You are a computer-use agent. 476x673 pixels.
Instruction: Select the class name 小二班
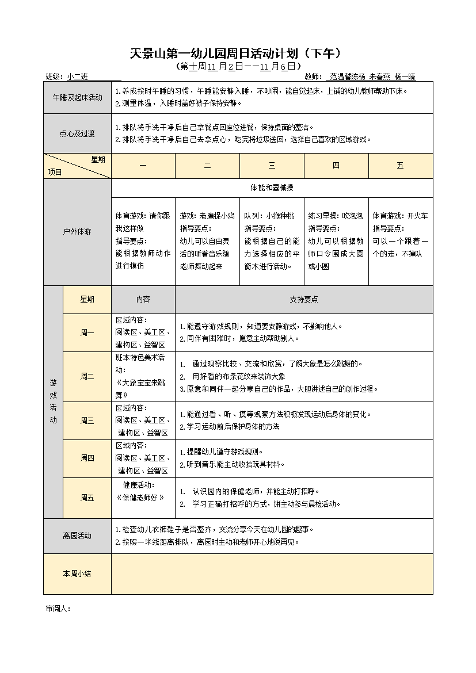coord(77,77)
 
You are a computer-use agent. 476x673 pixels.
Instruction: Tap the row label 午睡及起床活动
coord(77,97)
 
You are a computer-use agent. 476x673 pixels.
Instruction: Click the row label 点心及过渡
coord(77,133)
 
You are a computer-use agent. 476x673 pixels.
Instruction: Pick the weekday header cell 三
coord(272,166)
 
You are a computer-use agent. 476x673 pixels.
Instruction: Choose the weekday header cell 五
coord(400,166)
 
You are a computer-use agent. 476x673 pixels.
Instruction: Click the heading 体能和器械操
coord(272,188)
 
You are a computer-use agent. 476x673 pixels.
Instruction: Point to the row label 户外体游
coord(77,232)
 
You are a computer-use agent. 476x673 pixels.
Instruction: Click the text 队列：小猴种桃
coord(269,216)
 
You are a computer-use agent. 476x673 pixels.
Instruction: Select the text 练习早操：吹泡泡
coord(336,216)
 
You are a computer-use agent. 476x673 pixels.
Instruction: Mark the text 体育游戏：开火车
coord(400,216)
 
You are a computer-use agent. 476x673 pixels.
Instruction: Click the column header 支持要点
coord(304,300)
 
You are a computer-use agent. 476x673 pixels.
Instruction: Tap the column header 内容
coord(143,300)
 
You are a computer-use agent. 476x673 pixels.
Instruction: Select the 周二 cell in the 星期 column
coord(87,376)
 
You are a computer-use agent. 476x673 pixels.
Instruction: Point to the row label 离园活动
coord(77,536)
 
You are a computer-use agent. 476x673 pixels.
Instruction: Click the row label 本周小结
coord(77,573)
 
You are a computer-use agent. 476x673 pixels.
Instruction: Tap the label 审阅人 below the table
coord(58,609)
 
